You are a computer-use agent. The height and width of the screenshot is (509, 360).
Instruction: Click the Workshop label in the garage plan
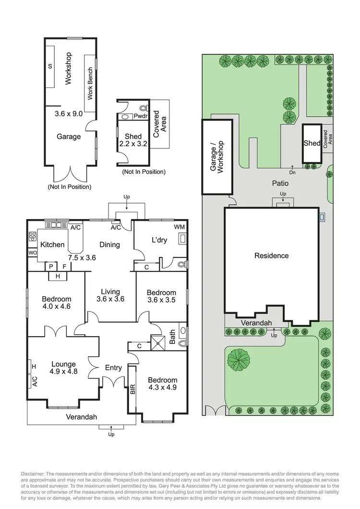coord(68,68)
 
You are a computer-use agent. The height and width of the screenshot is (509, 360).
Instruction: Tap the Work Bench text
coord(90,83)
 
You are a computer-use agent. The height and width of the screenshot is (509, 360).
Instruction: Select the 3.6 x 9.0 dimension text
coord(69,114)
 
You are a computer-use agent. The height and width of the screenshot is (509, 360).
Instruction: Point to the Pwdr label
coord(140,117)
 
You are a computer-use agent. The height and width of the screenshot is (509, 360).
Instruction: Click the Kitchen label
coord(52,244)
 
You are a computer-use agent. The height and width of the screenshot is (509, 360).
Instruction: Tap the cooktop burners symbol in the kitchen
coord(33,237)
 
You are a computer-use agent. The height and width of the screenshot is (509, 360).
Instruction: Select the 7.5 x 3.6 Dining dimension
coord(82,257)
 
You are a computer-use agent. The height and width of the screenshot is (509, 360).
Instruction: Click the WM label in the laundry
coord(179,226)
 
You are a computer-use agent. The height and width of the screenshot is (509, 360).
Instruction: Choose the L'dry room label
coord(159,240)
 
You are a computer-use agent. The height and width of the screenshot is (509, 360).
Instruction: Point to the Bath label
coord(173,339)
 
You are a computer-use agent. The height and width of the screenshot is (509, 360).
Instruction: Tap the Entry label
coord(113,368)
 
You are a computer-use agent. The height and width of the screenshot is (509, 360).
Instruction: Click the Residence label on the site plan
coord(271,255)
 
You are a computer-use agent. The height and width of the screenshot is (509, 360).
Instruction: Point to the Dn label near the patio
coord(292,171)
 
